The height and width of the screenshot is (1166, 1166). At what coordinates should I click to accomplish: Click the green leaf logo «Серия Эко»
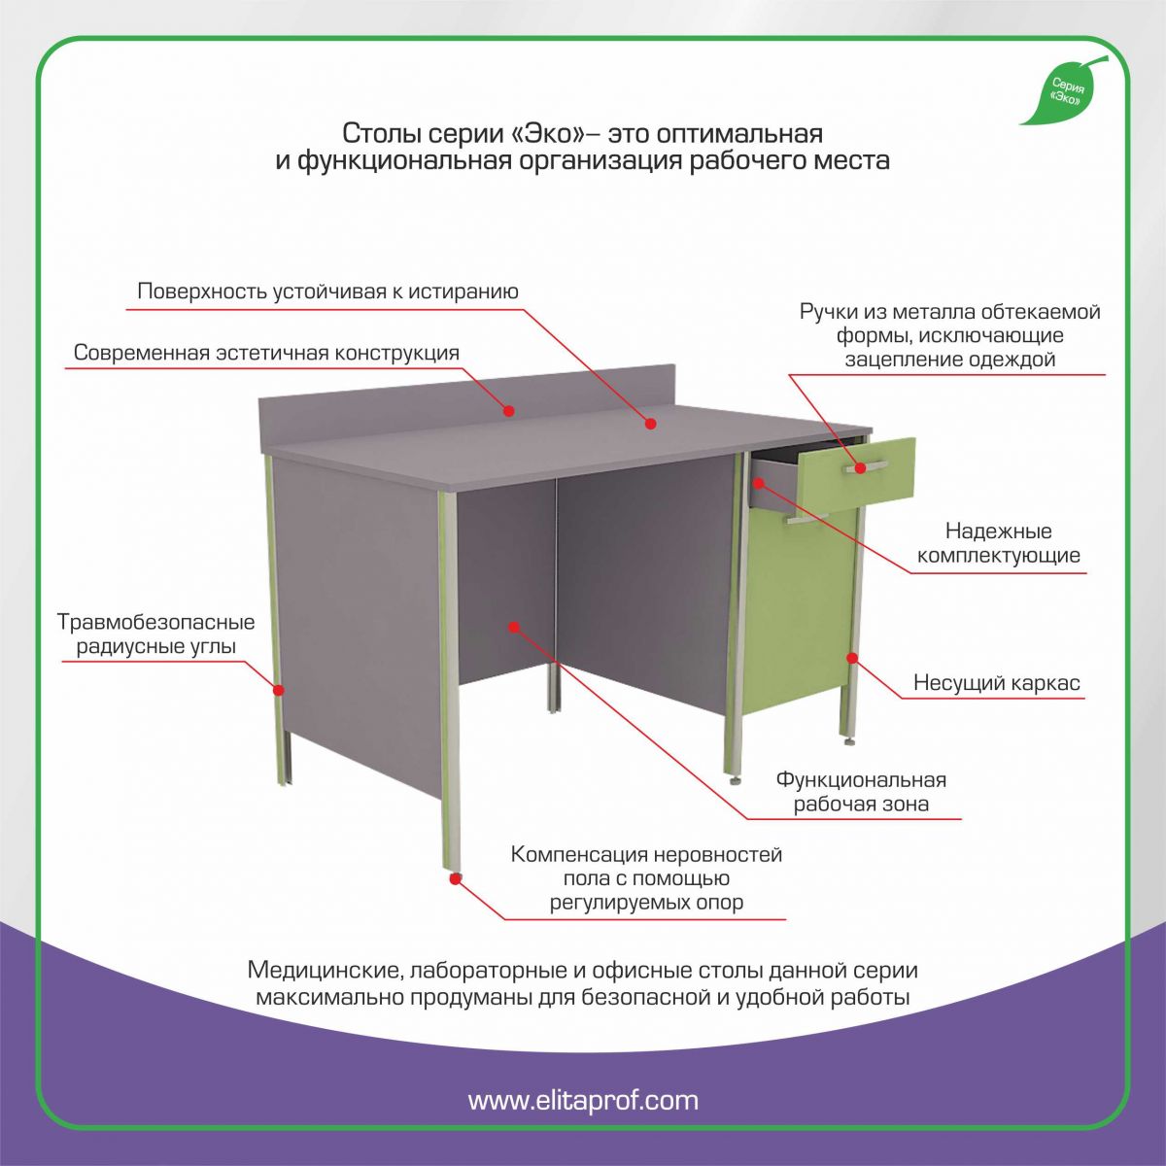click(1063, 90)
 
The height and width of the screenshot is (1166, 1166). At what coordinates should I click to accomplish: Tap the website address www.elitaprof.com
click(583, 1099)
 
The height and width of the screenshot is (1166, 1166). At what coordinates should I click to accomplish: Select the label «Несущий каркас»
click(997, 682)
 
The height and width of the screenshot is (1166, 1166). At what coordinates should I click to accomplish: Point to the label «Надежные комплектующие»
click(999, 543)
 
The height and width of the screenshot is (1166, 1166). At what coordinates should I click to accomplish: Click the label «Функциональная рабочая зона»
click(861, 792)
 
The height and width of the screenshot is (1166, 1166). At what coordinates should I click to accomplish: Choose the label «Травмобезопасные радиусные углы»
click(156, 634)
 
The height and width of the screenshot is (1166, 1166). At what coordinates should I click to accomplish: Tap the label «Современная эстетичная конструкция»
click(266, 352)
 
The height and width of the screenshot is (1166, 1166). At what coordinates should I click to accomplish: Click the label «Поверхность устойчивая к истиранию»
click(328, 291)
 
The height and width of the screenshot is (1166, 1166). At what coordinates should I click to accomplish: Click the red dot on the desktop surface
click(650, 424)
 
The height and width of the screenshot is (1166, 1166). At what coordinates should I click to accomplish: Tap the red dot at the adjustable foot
click(456, 879)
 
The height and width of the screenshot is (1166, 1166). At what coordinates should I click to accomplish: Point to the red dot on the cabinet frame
click(852, 657)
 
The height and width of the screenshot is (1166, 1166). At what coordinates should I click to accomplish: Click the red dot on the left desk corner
click(278, 690)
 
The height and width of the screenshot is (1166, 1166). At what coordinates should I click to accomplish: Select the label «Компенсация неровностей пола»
click(646, 877)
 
